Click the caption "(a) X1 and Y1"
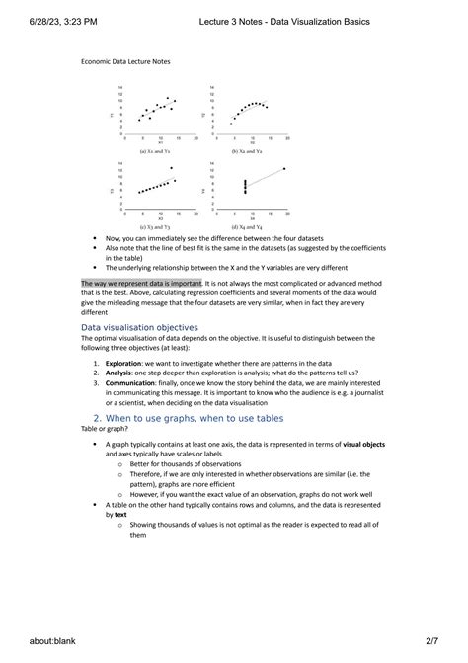(x=155, y=151)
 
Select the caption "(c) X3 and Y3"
(x=155, y=227)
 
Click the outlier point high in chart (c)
(x=173, y=169)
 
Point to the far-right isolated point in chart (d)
(x=284, y=169)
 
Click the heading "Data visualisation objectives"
(x=139, y=327)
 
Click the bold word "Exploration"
(x=123, y=363)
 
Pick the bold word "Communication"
(x=130, y=384)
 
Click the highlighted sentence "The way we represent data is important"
(x=141, y=283)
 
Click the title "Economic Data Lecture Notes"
(x=124, y=61)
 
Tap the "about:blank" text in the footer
(x=40, y=640)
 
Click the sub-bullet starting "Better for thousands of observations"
(x=183, y=464)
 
